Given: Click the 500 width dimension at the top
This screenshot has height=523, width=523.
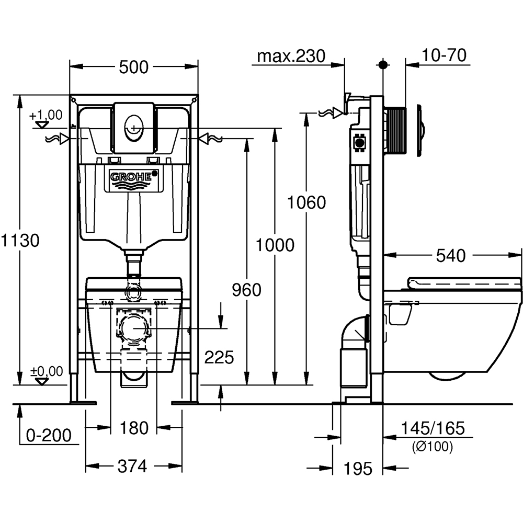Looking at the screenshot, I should pyautogui.click(x=134, y=67).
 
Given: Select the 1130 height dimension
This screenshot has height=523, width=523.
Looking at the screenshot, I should pyautogui.click(x=20, y=241).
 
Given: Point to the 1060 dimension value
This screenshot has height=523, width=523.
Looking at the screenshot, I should pyautogui.click(x=306, y=202).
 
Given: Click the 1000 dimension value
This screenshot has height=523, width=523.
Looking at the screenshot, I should pyautogui.click(x=275, y=244).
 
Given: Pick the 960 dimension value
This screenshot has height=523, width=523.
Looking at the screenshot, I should pyautogui.click(x=246, y=290).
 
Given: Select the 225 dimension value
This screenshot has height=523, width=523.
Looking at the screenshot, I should pyautogui.click(x=219, y=358).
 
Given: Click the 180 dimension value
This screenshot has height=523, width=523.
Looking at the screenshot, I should pyautogui.click(x=134, y=428).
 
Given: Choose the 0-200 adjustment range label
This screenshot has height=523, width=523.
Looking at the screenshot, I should pyautogui.click(x=49, y=435).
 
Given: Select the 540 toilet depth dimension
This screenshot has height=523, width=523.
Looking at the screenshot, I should pyautogui.click(x=450, y=256).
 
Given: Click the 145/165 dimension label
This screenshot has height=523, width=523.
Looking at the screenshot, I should pyautogui.click(x=432, y=428).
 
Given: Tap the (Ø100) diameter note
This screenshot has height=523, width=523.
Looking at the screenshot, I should pyautogui.click(x=433, y=447).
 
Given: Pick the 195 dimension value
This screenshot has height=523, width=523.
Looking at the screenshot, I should pyautogui.click(x=358, y=468).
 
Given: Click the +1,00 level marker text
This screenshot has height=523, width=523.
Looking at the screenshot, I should pyautogui.click(x=46, y=115).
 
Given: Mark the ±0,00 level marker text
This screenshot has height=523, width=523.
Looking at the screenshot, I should pyautogui.click(x=47, y=371).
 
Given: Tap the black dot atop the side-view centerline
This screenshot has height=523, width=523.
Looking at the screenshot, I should pyautogui.click(x=383, y=65).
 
